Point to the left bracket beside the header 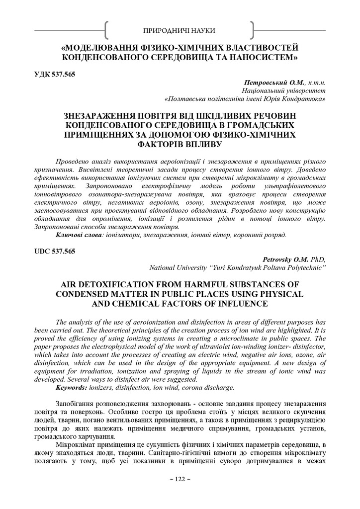107,31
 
